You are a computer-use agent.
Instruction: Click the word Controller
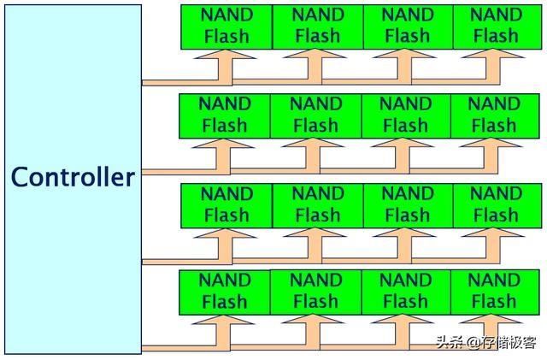pos(73,177)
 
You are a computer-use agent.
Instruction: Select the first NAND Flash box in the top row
pos(226,27)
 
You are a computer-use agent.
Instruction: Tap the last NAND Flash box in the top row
pos(497,27)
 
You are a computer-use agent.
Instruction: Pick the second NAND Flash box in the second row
pos(315,116)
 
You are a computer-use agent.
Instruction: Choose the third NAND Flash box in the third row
pos(408,206)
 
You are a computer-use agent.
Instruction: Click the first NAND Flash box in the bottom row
pos(225,292)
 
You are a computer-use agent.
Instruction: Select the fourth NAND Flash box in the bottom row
pos(495,292)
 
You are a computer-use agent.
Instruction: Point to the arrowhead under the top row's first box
pos(226,54)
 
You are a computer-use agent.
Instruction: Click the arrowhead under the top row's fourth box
pos(493,53)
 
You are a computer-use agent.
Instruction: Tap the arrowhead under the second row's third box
pos(403,143)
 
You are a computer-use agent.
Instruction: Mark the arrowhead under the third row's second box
pos(315,233)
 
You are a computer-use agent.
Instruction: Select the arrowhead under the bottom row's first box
pos(223,320)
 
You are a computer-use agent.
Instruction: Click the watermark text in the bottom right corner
pos(486,342)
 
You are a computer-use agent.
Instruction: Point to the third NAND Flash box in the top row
pos(408,27)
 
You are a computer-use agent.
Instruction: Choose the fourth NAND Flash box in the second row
pos(495,116)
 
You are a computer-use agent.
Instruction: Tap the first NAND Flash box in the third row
pos(226,206)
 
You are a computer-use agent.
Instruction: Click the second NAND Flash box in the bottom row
pos(315,292)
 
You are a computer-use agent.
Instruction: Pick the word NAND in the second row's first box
pos(225,103)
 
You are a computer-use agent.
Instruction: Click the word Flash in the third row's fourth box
pos(496,215)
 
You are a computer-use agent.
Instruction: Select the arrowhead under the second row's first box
pos(223,143)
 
